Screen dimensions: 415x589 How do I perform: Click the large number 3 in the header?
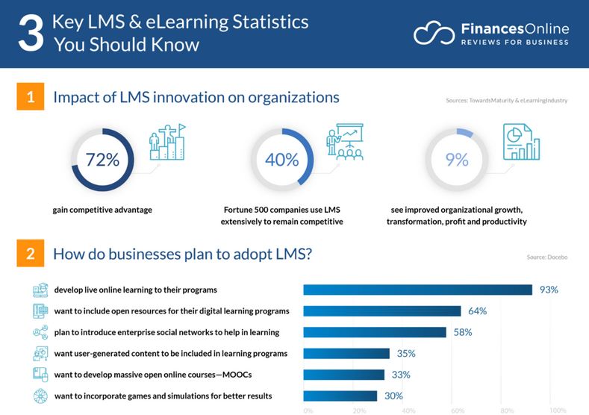pyautogui.click(x=31, y=34)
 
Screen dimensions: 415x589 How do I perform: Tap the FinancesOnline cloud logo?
pyautogui.click(x=434, y=34)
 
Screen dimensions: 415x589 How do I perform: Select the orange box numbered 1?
pyautogui.click(x=30, y=98)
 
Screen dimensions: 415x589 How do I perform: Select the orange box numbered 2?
pyautogui.click(x=30, y=255)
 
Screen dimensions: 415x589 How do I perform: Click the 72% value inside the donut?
pyautogui.click(x=102, y=159)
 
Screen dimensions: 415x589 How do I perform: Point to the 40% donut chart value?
pyautogui.click(x=281, y=159)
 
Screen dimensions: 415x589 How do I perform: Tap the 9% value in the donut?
pyautogui.click(x=457, y=159)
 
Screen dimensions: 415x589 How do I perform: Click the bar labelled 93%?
pyautogui.click(x=417, y=290)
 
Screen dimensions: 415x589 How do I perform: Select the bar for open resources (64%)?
pyautogui.click(x=381, y=311)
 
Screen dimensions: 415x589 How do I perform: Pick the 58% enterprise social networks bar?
pyautogui.click(x=374, y=332)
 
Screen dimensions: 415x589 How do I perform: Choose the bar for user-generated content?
pyautogui.click(x=346, y=353)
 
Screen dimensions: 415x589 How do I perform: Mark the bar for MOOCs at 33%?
pyautogui.click(x=343, y=375)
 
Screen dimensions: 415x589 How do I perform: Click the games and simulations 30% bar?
pyautogui.click(x=340, y=396)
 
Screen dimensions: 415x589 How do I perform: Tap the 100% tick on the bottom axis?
pyautogui.click(x=558, y=410)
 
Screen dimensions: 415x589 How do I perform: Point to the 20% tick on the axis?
pyautogui.click(x=359, y=410)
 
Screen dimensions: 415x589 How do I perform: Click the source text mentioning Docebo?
pyautogui.click(x=546, y=257)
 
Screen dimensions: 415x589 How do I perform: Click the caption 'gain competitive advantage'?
pyautogui.click(x=102, y=210)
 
